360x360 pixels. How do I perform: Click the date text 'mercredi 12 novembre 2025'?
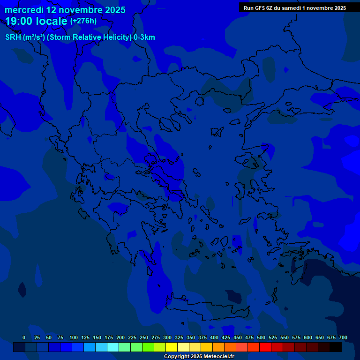[65, 10]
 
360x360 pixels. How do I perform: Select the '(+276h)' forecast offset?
[83, 21]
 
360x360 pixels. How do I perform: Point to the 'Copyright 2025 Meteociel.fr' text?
[199, 357]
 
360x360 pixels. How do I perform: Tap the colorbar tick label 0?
[24, 337]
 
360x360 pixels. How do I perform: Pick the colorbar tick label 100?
[74, 337]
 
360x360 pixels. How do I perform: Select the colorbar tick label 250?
[144, 337]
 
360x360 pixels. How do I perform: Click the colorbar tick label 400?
[214, 337]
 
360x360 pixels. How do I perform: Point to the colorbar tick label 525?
[273, 337]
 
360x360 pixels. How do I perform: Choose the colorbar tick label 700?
[343, 337]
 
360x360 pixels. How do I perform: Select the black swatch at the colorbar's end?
[336, 347]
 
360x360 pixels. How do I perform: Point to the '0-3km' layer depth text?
[144, 37]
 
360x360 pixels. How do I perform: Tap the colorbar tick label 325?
[179, 337]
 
